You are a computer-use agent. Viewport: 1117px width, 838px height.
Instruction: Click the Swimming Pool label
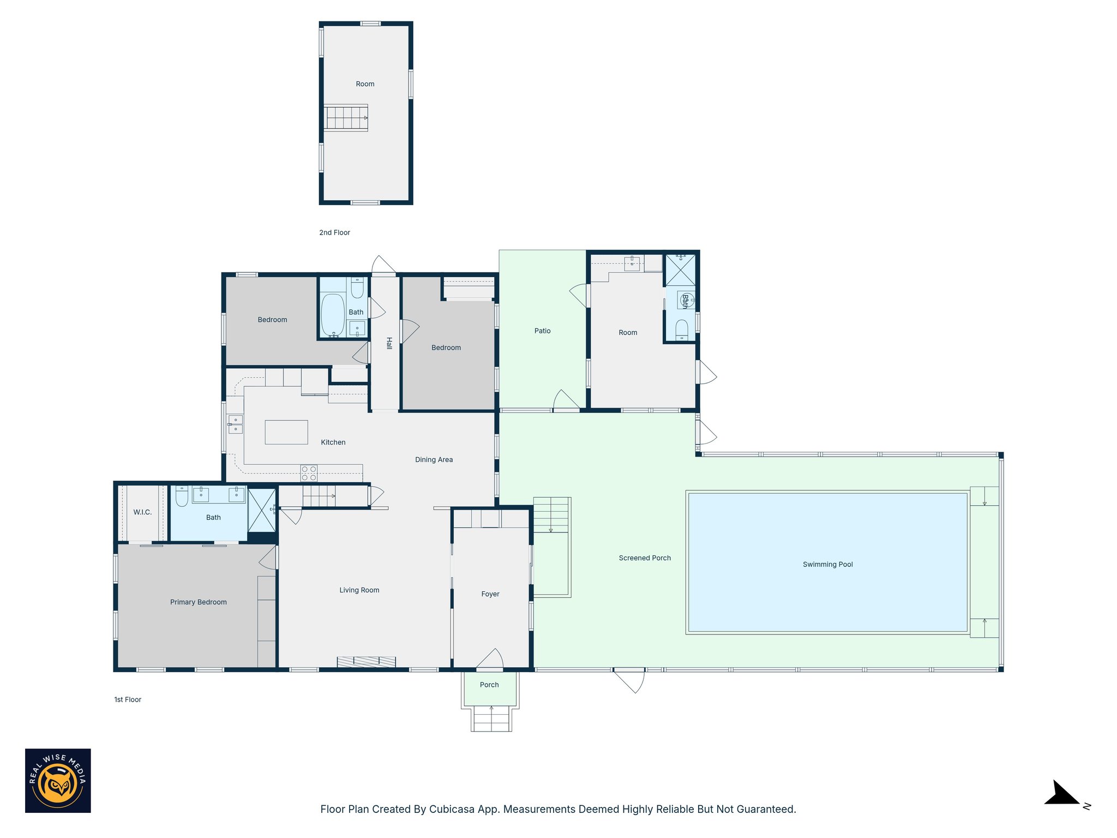click(x=827, y=564)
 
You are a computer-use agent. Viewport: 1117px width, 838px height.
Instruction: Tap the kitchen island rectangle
click(x=286, y=432)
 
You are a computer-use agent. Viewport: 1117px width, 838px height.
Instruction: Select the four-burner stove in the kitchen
click(x=309, y=473)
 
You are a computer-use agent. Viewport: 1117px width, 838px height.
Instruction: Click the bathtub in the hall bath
click(x=333, y=315)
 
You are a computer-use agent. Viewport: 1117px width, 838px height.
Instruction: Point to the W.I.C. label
click(x=142, y=512)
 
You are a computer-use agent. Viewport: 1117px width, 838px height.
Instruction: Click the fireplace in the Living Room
click(x=366, y=662)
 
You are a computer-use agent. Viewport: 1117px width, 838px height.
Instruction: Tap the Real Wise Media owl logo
click(x=58, y=780)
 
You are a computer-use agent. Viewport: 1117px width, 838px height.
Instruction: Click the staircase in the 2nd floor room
click(x=346, y=117)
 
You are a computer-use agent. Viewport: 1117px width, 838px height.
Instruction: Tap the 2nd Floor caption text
click(x=334, y=232)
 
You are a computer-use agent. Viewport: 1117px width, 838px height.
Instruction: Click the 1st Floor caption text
click(x=128, y=699)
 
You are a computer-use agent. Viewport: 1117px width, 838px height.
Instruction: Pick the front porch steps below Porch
click(x=491, y=719)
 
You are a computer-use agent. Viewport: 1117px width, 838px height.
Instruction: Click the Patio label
click(x=542, y=331)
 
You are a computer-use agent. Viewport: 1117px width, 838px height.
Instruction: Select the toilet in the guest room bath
click(x=682, y=330)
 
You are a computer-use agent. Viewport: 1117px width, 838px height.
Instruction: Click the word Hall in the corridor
click(x=389, y=343)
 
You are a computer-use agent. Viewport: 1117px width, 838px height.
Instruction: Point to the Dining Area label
click(x=434, y=459)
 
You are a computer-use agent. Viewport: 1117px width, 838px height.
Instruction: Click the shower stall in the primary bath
click(x=262, y=511)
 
